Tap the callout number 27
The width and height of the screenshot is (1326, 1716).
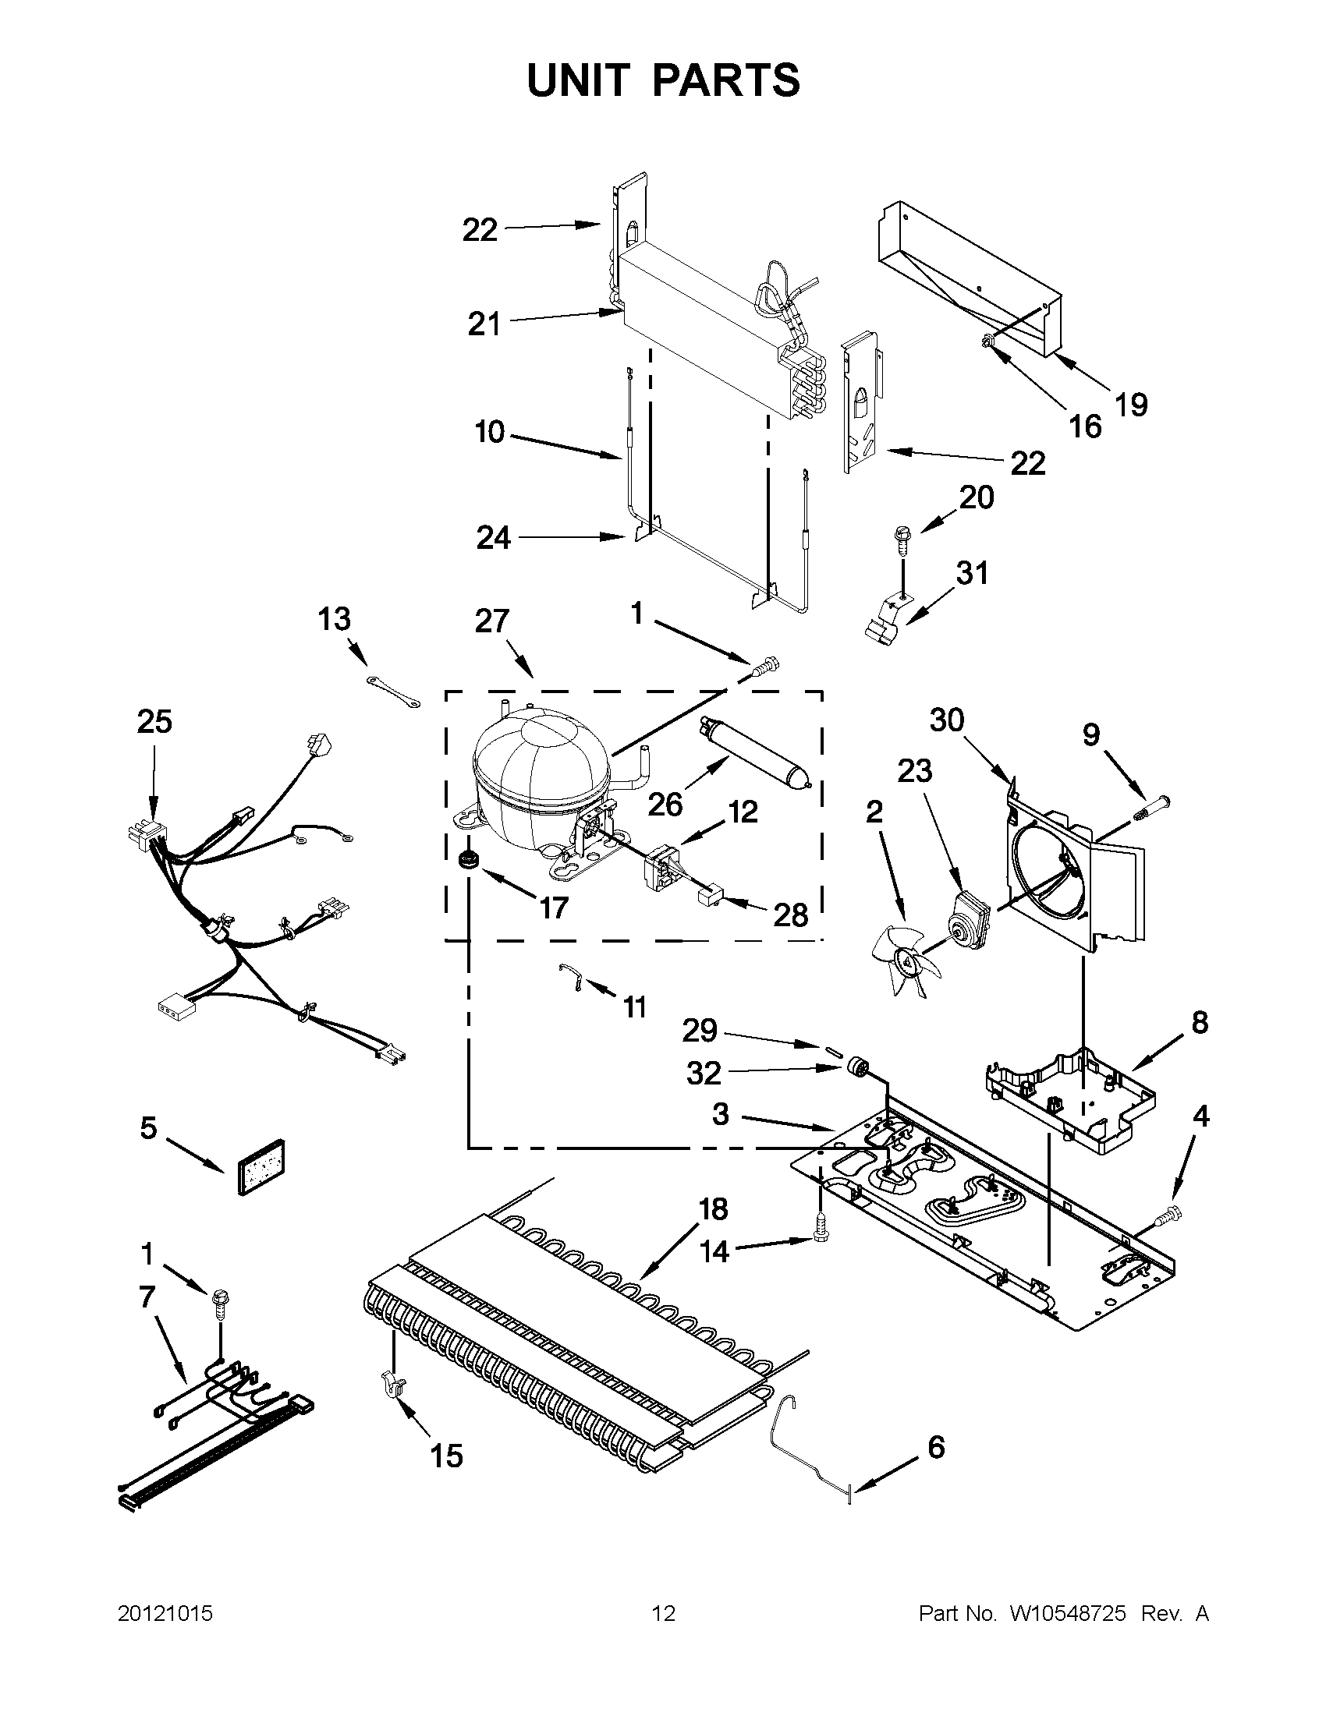point(492,621)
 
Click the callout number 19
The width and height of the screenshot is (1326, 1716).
point(1131,405)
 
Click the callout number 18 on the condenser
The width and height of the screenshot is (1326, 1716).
point(713,1209)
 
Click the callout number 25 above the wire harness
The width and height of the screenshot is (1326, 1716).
point(154,722)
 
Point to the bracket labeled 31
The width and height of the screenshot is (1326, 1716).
point(885,621)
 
